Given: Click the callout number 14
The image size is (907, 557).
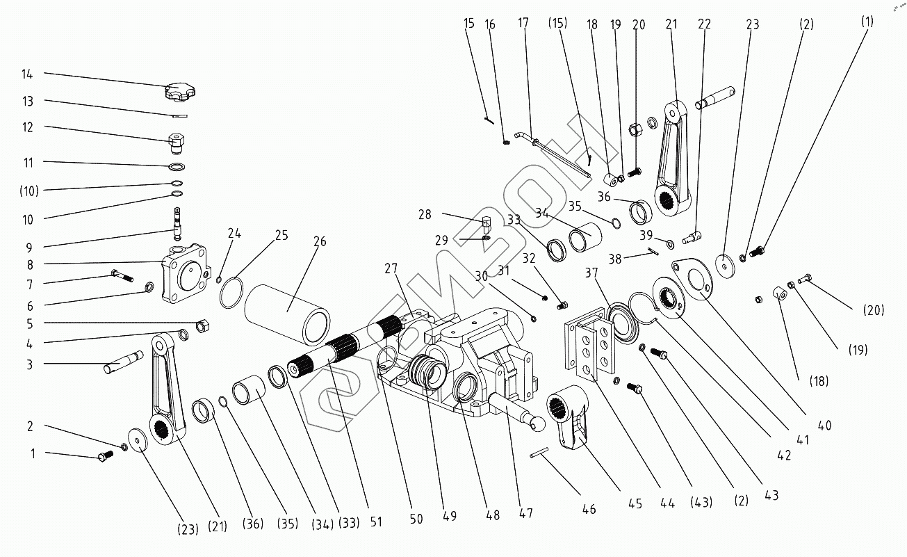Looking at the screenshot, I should pyautogui.click(x=28, y=74).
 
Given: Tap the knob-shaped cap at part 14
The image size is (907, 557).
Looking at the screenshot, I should pyautogui.click(x=179, y=90).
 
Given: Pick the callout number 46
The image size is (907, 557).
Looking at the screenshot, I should pyautogui.click(x=589, y=509).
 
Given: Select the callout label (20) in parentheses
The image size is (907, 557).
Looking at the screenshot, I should pyautogui.click(x=874, y=310).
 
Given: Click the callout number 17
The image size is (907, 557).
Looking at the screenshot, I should pyautogui.click(x=523, y=24).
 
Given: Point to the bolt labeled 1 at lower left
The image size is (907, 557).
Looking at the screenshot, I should pyautogui.click(x=105, y=457).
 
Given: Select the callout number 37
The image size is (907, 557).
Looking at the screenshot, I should pyautogui.click(x=591, y=273).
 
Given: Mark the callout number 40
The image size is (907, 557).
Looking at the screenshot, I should pyautogui.click(x=825, y=425).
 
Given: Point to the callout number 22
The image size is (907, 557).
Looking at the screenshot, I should pyautogui.click(x=705, y=24).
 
